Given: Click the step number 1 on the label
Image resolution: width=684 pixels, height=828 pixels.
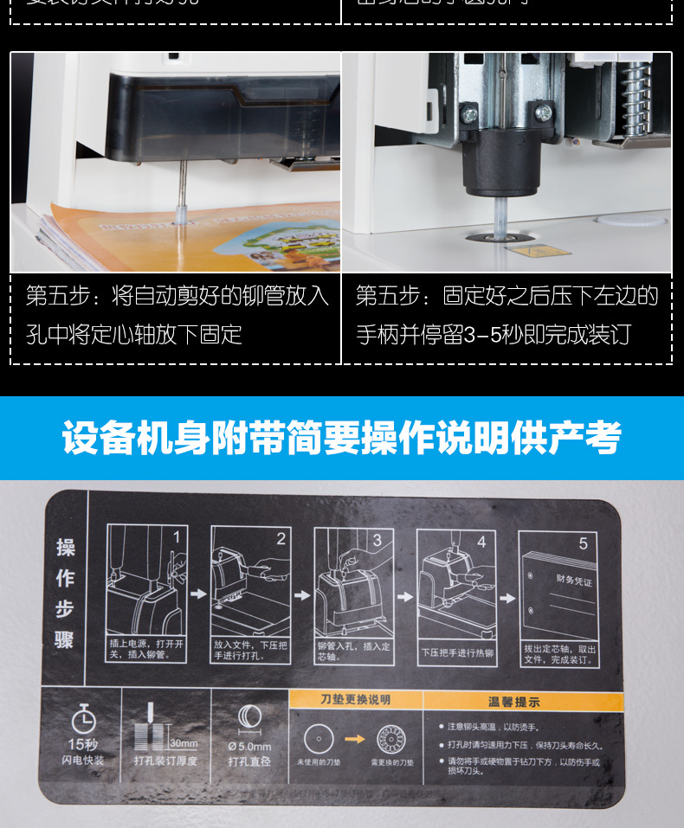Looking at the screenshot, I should coord(177,537).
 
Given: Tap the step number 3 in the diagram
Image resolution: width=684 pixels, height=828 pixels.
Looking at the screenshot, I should coord(377,539).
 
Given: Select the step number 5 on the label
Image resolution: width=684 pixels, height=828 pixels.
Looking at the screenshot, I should coord(584,543).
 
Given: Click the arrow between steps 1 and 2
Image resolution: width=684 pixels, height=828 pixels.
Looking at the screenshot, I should coord(198,594).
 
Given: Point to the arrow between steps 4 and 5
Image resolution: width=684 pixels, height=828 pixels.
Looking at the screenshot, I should coord(507,597).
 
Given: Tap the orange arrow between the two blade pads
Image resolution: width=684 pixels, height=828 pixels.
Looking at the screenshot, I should coord(355,739).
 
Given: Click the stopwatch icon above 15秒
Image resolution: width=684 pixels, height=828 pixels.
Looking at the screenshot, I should coord(83,718).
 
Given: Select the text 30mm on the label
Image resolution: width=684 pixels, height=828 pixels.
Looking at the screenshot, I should coord(184,743).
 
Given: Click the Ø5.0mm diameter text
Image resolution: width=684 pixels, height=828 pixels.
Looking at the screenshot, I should coord(249,746).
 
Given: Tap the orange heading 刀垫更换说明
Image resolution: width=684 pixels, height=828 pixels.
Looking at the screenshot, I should coord(355,699).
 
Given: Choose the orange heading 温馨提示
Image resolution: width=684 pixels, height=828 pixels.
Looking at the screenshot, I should coord(514,702).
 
